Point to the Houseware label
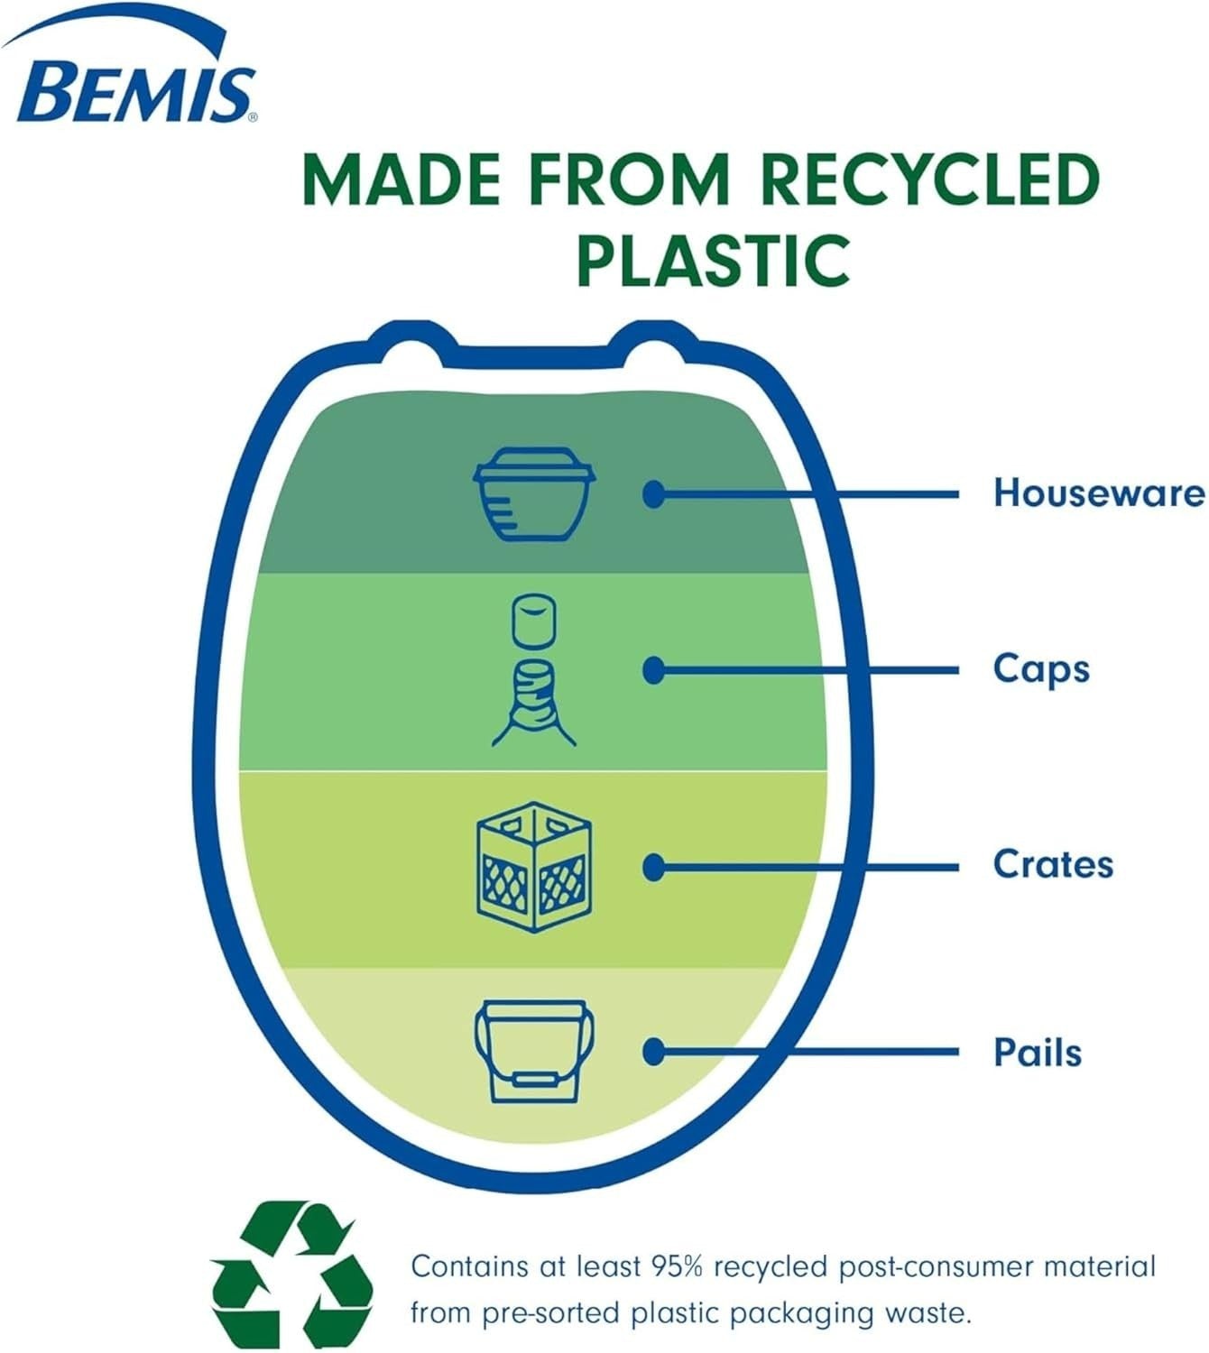(x=1100, y=493)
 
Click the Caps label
(x=1041, y=670)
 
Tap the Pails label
(x=1038, y=1053)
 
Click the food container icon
(x=534, y=493)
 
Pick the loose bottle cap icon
(x=534, y=621)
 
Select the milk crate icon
(x=534, y=867)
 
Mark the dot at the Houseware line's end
(x=654, y=494)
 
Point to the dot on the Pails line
(x=654, y=1052)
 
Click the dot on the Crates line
(x=654, y=868)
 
